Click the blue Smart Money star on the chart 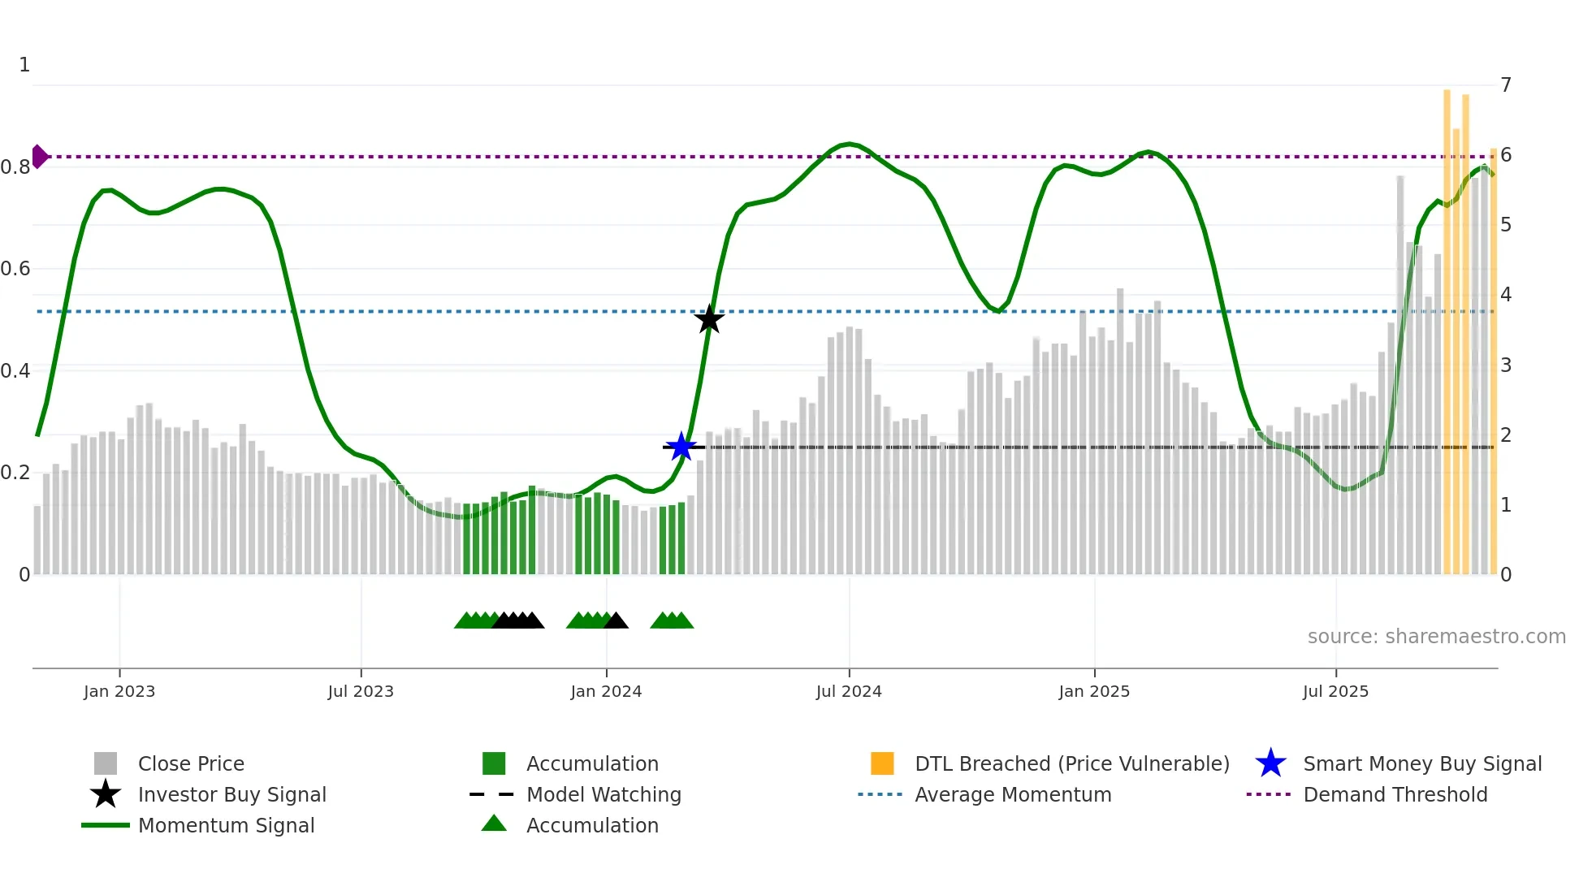tap(681, 447)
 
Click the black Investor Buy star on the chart tap(709, 319)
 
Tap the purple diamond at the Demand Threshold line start tap(39, 156)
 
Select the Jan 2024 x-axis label tap(606, 691)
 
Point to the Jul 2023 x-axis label tap(361, 691)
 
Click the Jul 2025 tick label tap(1335, 691)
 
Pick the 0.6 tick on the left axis tap(15, 269)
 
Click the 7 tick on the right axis tap(1506, 84)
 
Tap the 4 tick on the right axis tap(1506, 295)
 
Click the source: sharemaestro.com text tap(1436, 636)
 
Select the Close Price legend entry tap(191, 763)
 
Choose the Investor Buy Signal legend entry tap(231, 794)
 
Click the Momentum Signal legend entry tap(226, 825)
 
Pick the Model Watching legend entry tap(603, 794)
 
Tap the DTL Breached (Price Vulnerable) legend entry tap(1071, 763)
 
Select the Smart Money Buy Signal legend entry tap(1421, 763)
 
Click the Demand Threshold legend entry tap(1395, 794)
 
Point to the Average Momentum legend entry tap(1013, 794)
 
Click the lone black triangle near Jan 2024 tap(616, 621)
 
